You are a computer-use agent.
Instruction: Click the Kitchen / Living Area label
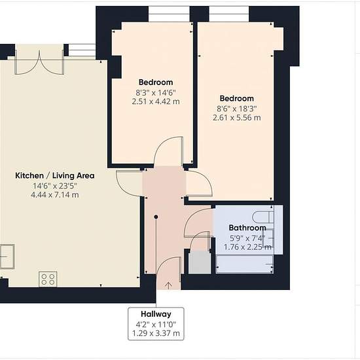tap(54, 175)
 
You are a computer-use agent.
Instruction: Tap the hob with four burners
tap(48, 279)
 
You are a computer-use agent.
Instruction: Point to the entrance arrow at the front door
tap(169, 285)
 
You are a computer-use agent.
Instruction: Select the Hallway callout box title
tap(156, 314)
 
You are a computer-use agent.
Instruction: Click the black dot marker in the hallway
tap(156, 217)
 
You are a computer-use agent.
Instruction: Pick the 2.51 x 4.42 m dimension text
tap(156, 101)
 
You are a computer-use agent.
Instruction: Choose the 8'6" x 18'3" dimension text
tap(237, 109)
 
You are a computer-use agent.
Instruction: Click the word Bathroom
tap(247, 228)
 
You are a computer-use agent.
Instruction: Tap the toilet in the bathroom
tap(263, 217)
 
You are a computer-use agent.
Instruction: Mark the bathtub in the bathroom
tap(245, 264)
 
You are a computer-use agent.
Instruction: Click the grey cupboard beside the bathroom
tap(200, 262)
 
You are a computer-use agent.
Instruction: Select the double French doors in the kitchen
tap(39, 62)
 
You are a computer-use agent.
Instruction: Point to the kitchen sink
tap(7, 257)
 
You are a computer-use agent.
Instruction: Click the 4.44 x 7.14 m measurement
tap(55, 195)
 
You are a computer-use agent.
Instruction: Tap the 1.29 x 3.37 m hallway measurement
tap(156, 333)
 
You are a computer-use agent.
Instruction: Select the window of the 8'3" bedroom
tap(169, 14)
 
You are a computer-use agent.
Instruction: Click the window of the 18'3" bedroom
tap(229, 14)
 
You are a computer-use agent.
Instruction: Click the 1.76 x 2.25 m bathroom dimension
tap(247, 247)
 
